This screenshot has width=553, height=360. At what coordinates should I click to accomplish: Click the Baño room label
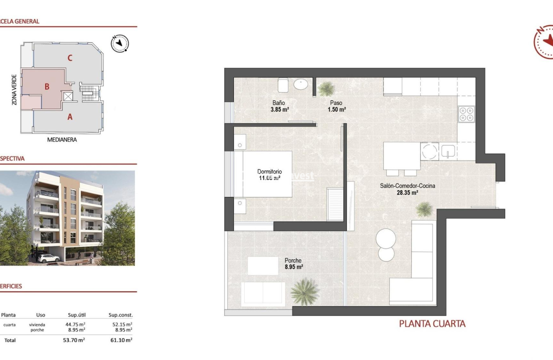point(279,103)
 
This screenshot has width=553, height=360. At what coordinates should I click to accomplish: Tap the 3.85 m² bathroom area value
point(280,110)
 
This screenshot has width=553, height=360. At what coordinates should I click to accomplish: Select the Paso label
point(336,103)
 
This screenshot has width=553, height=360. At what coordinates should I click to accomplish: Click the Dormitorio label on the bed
point(269,171)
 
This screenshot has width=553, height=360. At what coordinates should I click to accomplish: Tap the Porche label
point(293,260)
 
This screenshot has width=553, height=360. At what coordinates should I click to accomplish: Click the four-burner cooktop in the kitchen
point(467,114)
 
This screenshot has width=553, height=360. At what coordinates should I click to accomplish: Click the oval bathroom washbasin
point(301,84)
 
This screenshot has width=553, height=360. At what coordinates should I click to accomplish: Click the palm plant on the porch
point(305,291)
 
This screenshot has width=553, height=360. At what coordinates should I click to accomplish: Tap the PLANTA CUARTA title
point(432,324)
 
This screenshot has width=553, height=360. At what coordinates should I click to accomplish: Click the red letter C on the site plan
point(70,58)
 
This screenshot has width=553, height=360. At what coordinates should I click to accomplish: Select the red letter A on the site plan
point(70,117)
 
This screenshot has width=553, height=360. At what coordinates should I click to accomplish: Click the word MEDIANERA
point(62,140)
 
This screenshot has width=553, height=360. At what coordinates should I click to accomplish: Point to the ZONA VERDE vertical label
point(15,90)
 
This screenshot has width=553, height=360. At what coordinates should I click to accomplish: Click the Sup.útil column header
point(77,315)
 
